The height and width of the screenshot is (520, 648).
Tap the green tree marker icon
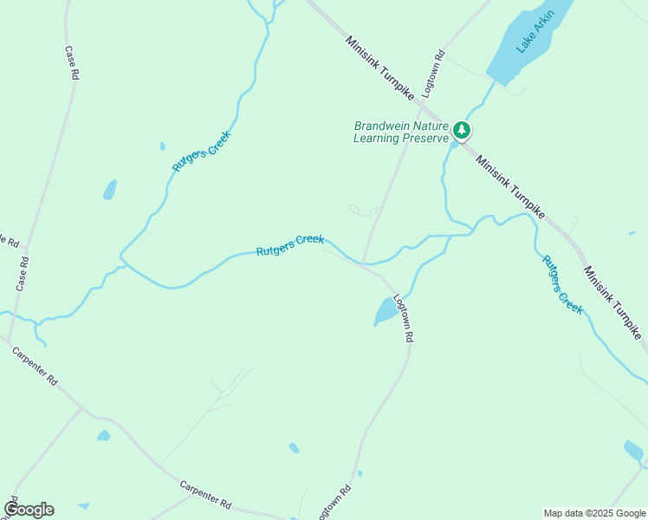[x=462, y=131]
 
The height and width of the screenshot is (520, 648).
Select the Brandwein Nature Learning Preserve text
[x=401, y=132]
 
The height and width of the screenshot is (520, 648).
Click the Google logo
[x=29, y=510]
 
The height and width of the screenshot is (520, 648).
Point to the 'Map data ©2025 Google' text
[x=595, y=513]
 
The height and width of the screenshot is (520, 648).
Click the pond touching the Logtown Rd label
[x=385, y=310]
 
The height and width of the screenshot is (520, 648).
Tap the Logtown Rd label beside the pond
[x=402, y=318]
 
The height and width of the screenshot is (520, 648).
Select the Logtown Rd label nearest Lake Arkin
[x=433, y=74]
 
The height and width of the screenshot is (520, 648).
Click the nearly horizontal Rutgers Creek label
[x=289, y=245]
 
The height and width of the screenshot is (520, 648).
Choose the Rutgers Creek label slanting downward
[x=562, y=284]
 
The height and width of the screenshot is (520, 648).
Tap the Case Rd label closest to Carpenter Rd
[x=23, y=273]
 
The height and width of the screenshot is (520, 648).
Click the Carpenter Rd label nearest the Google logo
[x=205, y=494]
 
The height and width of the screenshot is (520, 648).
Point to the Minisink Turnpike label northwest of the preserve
[x=380, y=68]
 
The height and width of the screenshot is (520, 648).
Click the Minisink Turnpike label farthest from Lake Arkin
[x=612, y=302]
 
